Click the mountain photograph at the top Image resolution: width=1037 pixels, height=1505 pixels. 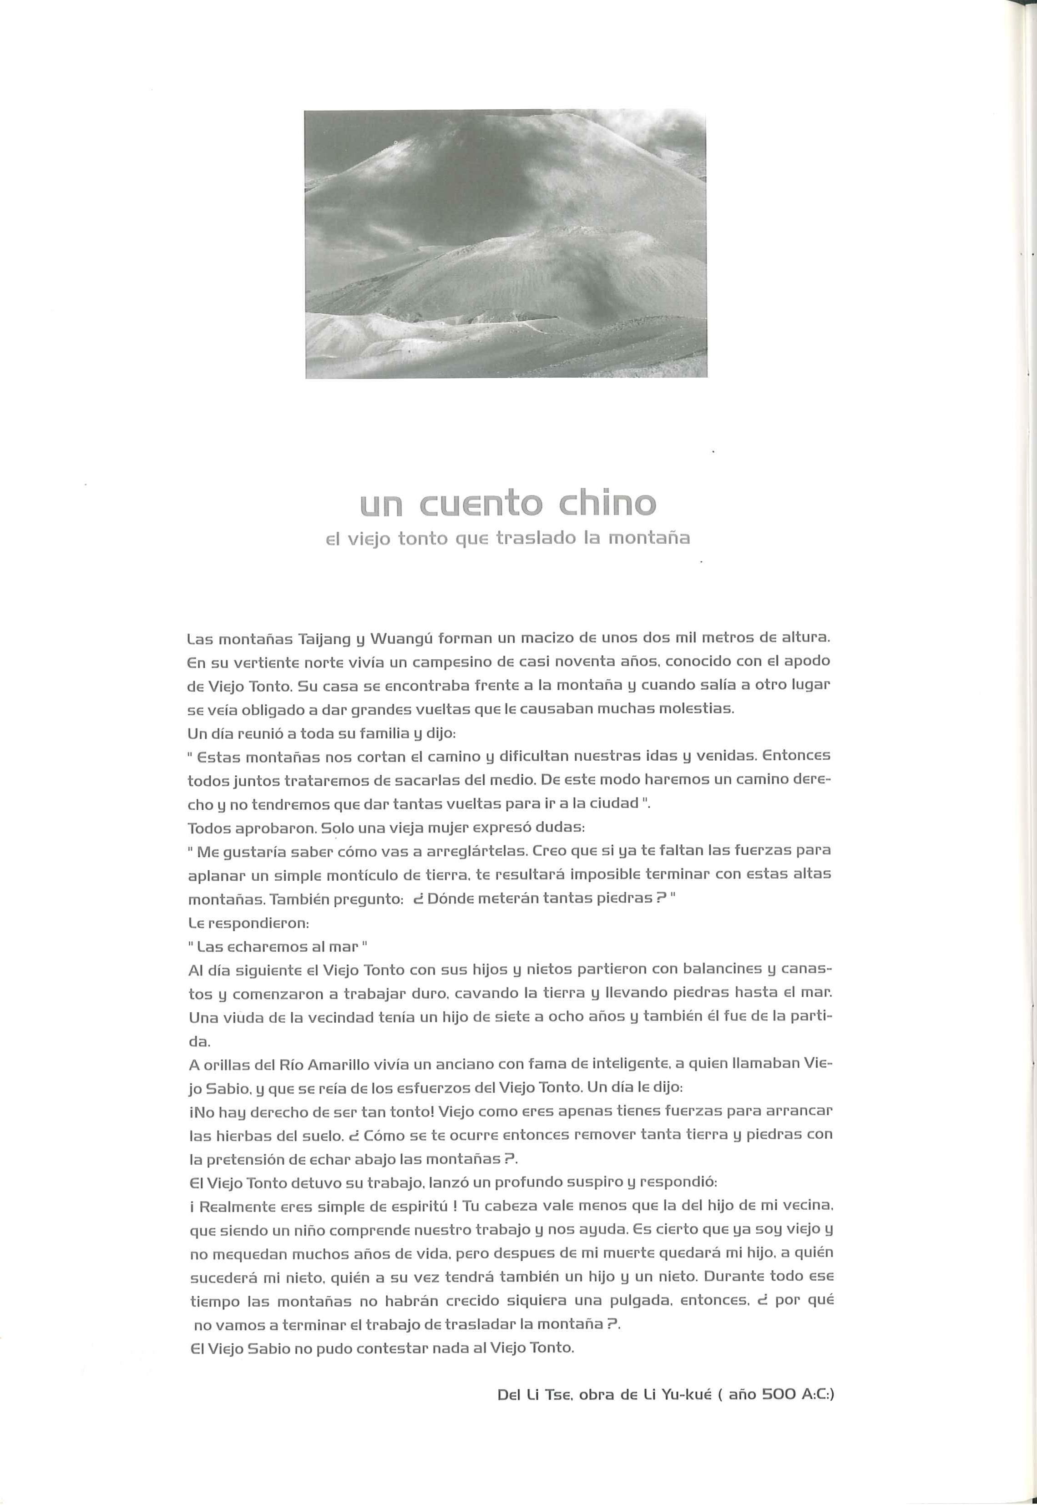[506, 244]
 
